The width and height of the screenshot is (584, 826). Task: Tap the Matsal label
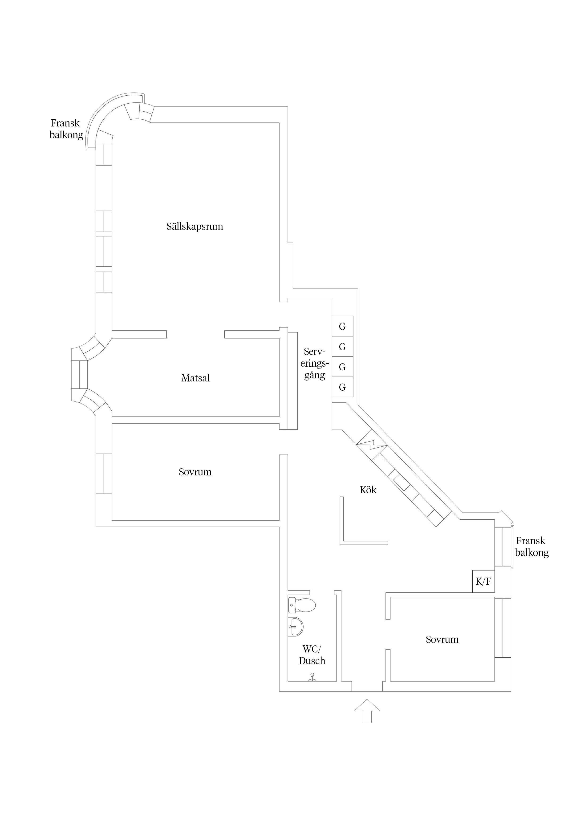195,378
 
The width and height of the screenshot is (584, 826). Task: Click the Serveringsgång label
315,363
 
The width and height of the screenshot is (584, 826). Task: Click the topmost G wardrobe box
342,326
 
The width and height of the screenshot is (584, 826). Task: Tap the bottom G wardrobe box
342,387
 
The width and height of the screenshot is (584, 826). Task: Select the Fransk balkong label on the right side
531,547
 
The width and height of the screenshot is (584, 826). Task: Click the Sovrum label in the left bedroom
195,472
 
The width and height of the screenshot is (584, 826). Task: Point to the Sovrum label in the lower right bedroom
442,639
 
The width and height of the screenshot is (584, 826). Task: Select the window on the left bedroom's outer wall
104,474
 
